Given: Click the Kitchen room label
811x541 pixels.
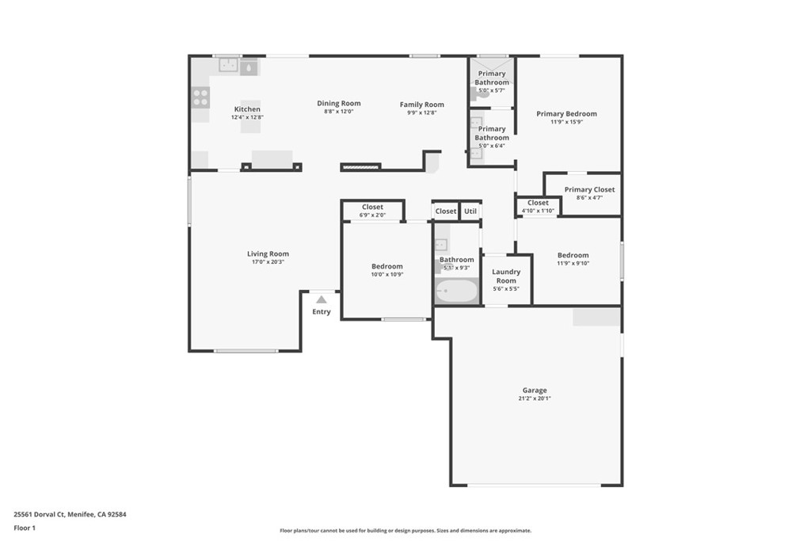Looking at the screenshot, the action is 247,109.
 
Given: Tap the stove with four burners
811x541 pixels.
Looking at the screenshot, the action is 200,97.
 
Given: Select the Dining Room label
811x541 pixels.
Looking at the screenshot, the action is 339,104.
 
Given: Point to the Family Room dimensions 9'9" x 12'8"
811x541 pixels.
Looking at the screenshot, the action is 422,112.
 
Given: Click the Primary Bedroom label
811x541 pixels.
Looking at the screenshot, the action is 566,114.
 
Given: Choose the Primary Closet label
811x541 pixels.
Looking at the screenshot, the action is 589,190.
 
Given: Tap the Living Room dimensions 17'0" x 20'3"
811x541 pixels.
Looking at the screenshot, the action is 268,262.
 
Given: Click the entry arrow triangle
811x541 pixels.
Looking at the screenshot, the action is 322,299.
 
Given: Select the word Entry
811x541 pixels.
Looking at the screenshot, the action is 322,311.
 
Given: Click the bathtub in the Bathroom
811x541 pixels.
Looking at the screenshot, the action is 457,291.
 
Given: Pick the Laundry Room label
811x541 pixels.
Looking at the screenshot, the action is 506,276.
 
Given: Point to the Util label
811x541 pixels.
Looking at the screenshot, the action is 470,211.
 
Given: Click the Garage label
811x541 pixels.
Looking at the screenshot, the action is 535,391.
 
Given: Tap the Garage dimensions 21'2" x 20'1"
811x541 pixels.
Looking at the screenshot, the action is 535,398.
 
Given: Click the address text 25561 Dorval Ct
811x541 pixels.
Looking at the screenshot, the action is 40,515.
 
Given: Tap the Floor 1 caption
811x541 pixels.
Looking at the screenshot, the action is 25,528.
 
